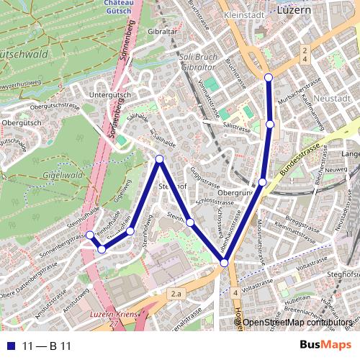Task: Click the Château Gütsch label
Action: tap(117, 7)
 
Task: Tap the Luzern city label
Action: tap(294, 12)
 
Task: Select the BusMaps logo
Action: tap(326, 346)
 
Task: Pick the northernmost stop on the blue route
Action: tap(269, 77)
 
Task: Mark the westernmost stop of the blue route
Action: tap(90, 235)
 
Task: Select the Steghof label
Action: tap(343, 274)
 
